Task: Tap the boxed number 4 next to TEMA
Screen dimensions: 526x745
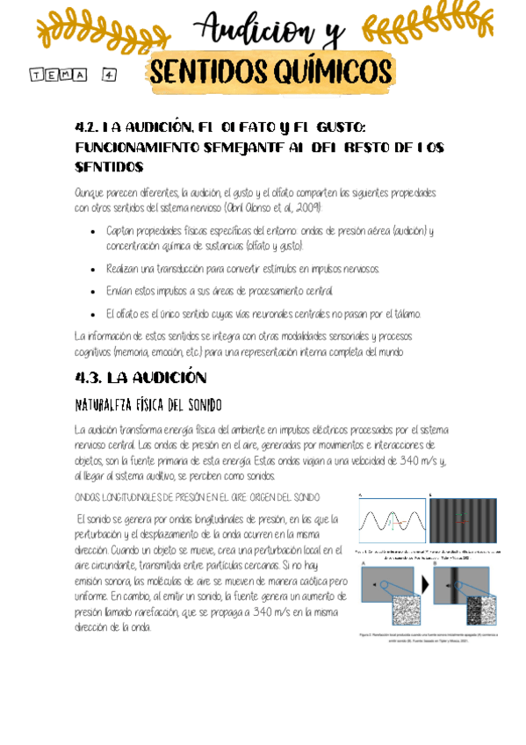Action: (110, 75)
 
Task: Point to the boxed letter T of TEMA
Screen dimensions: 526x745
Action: (37, 76)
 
